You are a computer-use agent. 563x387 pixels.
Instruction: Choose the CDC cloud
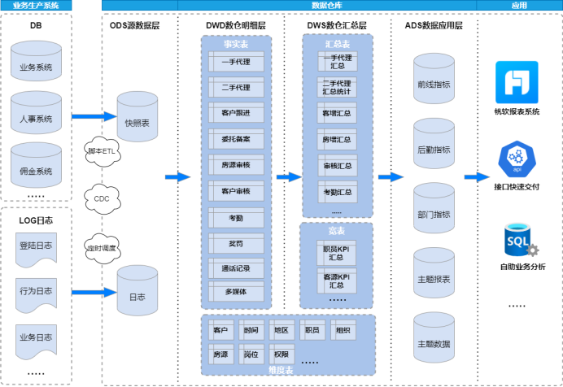(102, 198)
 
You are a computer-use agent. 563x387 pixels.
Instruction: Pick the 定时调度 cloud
(102, 246)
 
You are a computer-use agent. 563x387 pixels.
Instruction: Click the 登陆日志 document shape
(36, 246)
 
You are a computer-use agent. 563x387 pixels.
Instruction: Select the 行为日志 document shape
(36, 290)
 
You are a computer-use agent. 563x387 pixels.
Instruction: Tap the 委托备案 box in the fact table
(235, 139)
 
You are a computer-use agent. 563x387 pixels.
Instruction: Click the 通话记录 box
(235, 268)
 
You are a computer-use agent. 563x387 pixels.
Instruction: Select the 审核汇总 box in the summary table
(337, 166)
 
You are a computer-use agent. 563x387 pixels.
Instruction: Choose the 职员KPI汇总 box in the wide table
(337, 252)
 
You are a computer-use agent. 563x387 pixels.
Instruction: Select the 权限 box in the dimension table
(280, 354)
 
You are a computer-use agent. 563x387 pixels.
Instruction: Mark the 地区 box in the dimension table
(281, 331)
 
